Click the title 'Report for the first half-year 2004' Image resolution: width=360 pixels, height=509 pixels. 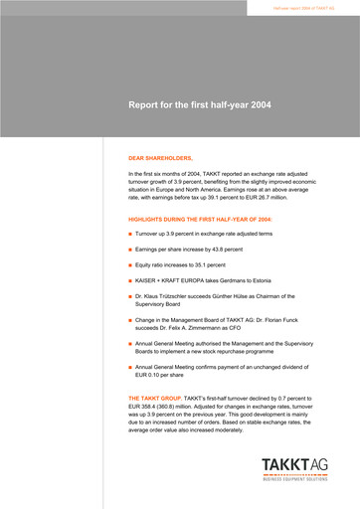(x=213, y=103)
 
